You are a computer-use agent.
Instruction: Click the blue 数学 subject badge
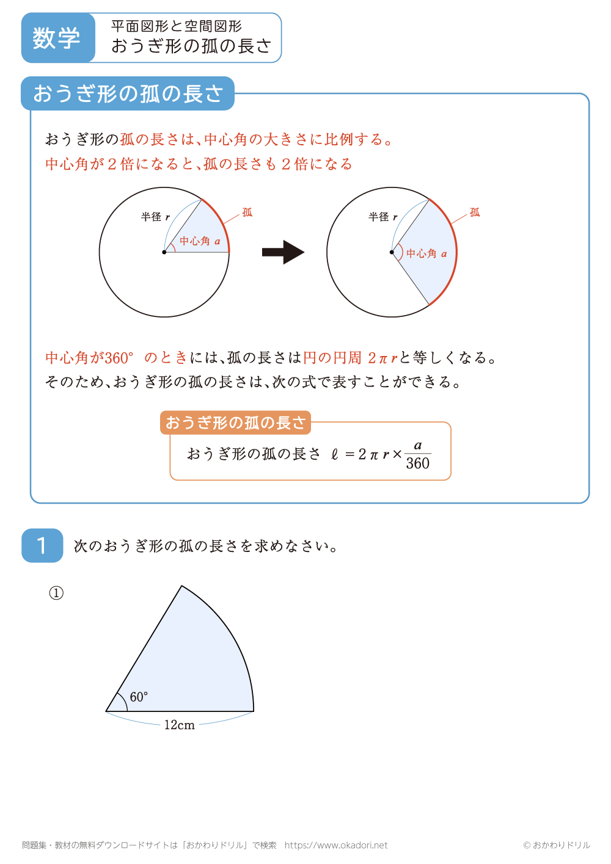point(57,38)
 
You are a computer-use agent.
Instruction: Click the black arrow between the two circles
point(283,252)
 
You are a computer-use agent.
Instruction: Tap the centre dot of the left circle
point(164,252)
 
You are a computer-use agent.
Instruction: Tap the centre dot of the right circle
point(392,252)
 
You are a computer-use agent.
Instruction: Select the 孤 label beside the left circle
point(247,212)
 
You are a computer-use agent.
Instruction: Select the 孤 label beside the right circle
point(475,212)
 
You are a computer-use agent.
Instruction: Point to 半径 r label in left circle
point(155,217)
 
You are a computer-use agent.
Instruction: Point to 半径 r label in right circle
point(382,217)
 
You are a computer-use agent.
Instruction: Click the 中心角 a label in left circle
point(200,241)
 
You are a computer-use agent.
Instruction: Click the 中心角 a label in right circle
point(426,253)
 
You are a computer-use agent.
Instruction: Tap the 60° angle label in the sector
point(139,697)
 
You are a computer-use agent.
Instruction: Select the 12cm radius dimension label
point(179,725)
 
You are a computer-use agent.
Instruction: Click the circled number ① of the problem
point(56,593)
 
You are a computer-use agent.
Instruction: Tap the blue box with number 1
point(42,545)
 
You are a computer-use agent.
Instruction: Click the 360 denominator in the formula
point(418,463)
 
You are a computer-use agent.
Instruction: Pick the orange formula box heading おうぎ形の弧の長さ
point(235,423)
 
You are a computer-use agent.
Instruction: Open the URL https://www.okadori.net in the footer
point(336,845)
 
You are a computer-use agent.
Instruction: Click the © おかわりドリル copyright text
point(557,845)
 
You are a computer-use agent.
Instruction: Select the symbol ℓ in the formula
point(334,454)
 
